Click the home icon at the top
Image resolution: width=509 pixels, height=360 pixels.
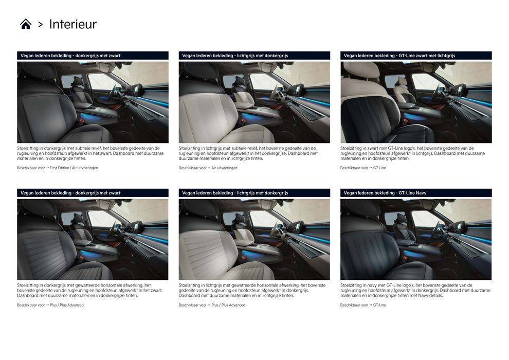pyautogui.click(x=26, y=24)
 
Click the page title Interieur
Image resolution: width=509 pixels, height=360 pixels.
pyautogui.click(x=72, y=24)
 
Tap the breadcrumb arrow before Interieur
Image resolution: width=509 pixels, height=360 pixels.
pyautogui.click(x=40, y=24)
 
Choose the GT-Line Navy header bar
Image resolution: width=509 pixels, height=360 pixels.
pyautogui.click(x=416, y=193)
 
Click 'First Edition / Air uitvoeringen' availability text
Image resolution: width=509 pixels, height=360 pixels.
pyautogui.click(x=74, y=168)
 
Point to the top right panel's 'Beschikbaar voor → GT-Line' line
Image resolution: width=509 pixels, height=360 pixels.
pyautogui.click(x=363, y=168)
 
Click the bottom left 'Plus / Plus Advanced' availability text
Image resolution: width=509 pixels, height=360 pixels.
pyautogui.click(x=66, y=305)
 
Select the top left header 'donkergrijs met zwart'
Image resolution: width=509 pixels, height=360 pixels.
pyautogui.click(x=98, y=56)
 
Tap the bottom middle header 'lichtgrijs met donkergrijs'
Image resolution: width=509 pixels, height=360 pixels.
pyautogui.click(x=262, y=193)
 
